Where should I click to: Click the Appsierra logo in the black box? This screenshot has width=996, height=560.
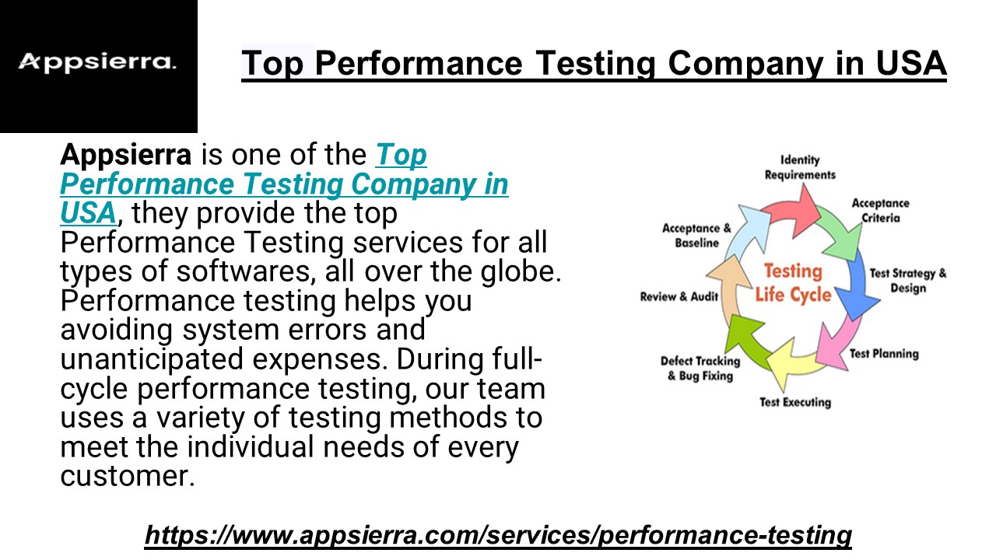(x=97, y=62)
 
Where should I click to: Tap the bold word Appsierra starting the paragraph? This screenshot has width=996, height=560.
(x=125, y=156)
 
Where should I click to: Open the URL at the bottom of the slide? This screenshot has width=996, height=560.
(x=498, y=535)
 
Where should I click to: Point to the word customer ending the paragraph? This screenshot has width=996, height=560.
(x=126, y=476)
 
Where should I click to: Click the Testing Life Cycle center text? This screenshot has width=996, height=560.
(x=792, y=283)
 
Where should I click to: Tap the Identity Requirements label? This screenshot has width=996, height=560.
(x=800, y=167)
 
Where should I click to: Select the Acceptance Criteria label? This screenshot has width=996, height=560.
(x=880, y=211)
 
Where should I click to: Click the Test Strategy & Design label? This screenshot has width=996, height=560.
(x=908, y=281)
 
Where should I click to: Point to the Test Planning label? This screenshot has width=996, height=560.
(x=884, y=354)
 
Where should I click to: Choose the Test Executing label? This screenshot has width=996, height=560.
(x=795, y=402)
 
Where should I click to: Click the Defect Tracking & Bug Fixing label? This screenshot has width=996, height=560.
(x=700, y=369)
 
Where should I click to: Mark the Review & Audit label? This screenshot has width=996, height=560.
(x=679, y=297)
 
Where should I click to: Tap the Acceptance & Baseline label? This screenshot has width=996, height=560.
(x=696, y=236)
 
